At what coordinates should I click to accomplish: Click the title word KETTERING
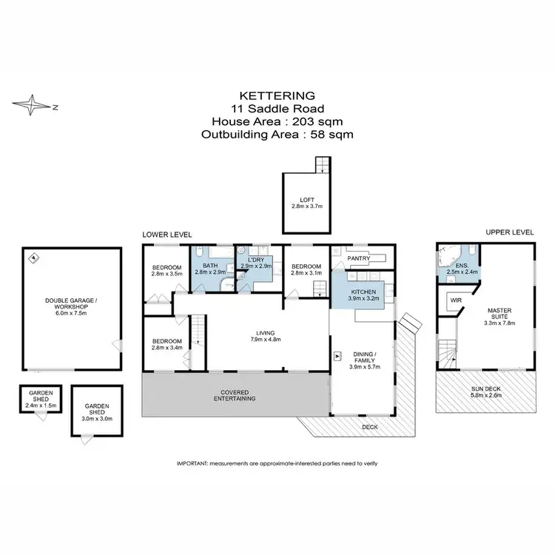point(277,95)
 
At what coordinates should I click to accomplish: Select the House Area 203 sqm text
point(277,121)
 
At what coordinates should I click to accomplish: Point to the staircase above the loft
point(321,165)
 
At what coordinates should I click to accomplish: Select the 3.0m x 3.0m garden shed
point(97,411)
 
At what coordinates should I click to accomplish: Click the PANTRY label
point(358,258)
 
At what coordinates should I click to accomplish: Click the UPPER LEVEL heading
point(509,232)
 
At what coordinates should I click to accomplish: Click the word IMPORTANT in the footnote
point(192,462)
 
